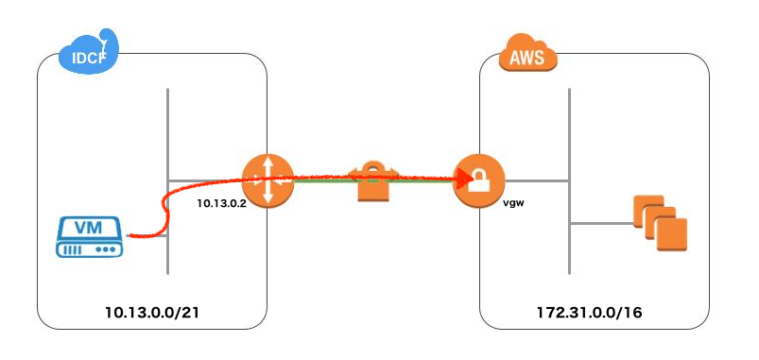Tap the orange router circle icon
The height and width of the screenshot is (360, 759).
268,180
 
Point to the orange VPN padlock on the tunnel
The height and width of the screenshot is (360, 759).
373,182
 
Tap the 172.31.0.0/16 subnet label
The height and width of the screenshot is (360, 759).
594,310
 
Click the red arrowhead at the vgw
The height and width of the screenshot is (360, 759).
465,177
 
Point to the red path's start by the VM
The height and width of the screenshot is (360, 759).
130,234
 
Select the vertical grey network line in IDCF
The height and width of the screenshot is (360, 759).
167,123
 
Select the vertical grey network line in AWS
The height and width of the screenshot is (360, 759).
568,123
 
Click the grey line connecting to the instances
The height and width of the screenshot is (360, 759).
599,224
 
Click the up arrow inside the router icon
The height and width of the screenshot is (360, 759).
268,164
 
